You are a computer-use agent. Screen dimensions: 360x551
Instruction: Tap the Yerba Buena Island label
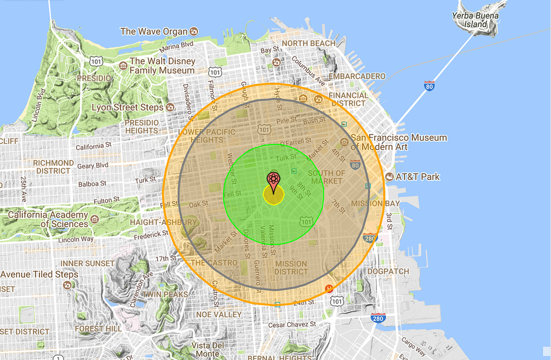click(475, 20)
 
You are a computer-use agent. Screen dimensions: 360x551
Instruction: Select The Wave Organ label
click(154, 32)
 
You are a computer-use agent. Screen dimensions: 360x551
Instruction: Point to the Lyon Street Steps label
click(127, 107)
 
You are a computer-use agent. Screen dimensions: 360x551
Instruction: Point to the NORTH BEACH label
click(308, 43)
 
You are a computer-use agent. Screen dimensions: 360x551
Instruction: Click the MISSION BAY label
click(367, 203)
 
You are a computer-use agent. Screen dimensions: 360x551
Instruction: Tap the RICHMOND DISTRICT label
click(54, 167)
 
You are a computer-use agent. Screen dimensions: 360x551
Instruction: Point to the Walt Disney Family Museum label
click(162, 66)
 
